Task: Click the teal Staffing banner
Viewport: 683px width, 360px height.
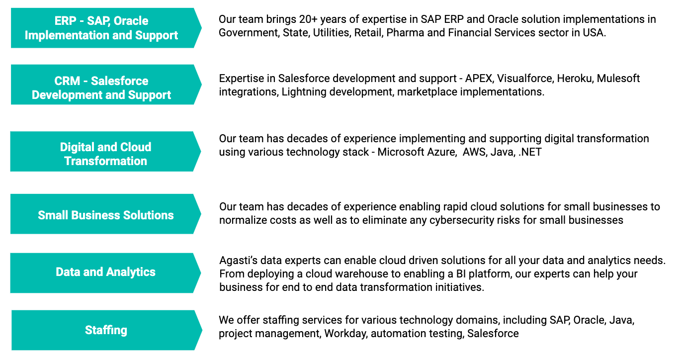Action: pos(106,330)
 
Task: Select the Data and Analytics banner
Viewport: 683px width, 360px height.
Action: pos(105,273)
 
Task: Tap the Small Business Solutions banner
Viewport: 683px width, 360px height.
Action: pos(105,214)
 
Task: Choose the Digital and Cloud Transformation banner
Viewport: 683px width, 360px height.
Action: pos(105,151)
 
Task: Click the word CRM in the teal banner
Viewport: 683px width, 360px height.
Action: pos(67,81)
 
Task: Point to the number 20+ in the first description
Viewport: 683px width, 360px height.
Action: pos(308,19)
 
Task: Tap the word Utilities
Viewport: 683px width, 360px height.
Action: pos(332,33)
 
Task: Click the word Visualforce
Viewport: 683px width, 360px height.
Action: pos(525,79)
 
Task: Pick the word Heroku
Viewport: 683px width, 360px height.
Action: pos(575,79)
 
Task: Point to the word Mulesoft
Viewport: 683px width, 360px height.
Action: pos(618,79)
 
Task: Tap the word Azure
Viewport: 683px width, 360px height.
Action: pos(442,152)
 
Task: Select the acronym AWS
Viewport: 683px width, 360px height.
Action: pos(475,152)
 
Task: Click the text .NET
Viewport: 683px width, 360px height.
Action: pos(530,152)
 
